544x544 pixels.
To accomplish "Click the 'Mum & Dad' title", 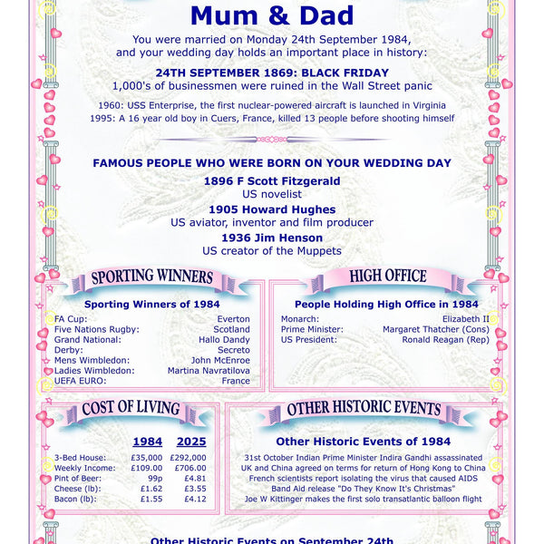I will click(272, 15).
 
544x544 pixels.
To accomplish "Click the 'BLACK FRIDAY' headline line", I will click(272, 73).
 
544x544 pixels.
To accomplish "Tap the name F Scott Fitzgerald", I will click(272, 181).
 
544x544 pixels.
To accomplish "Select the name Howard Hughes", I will click(272, 209).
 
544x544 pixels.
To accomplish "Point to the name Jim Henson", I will click(272, 238).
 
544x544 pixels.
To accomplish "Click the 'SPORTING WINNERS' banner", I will click(152, 277).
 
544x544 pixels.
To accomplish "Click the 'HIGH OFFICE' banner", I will click(388, 277).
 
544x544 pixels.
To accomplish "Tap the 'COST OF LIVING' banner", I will click(131, 409).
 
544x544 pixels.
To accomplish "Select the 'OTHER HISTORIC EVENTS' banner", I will click(363, 410).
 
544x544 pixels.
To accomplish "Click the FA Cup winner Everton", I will click(233, 319).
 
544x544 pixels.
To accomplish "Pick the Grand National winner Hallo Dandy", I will click(225, 340).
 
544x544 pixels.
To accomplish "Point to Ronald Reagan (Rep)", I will click(446, 340).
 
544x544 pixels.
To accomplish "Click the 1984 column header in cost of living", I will click(148, 442).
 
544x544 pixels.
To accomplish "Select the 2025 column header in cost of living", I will click(191, 442).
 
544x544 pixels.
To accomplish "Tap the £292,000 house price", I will click(189, 458).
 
